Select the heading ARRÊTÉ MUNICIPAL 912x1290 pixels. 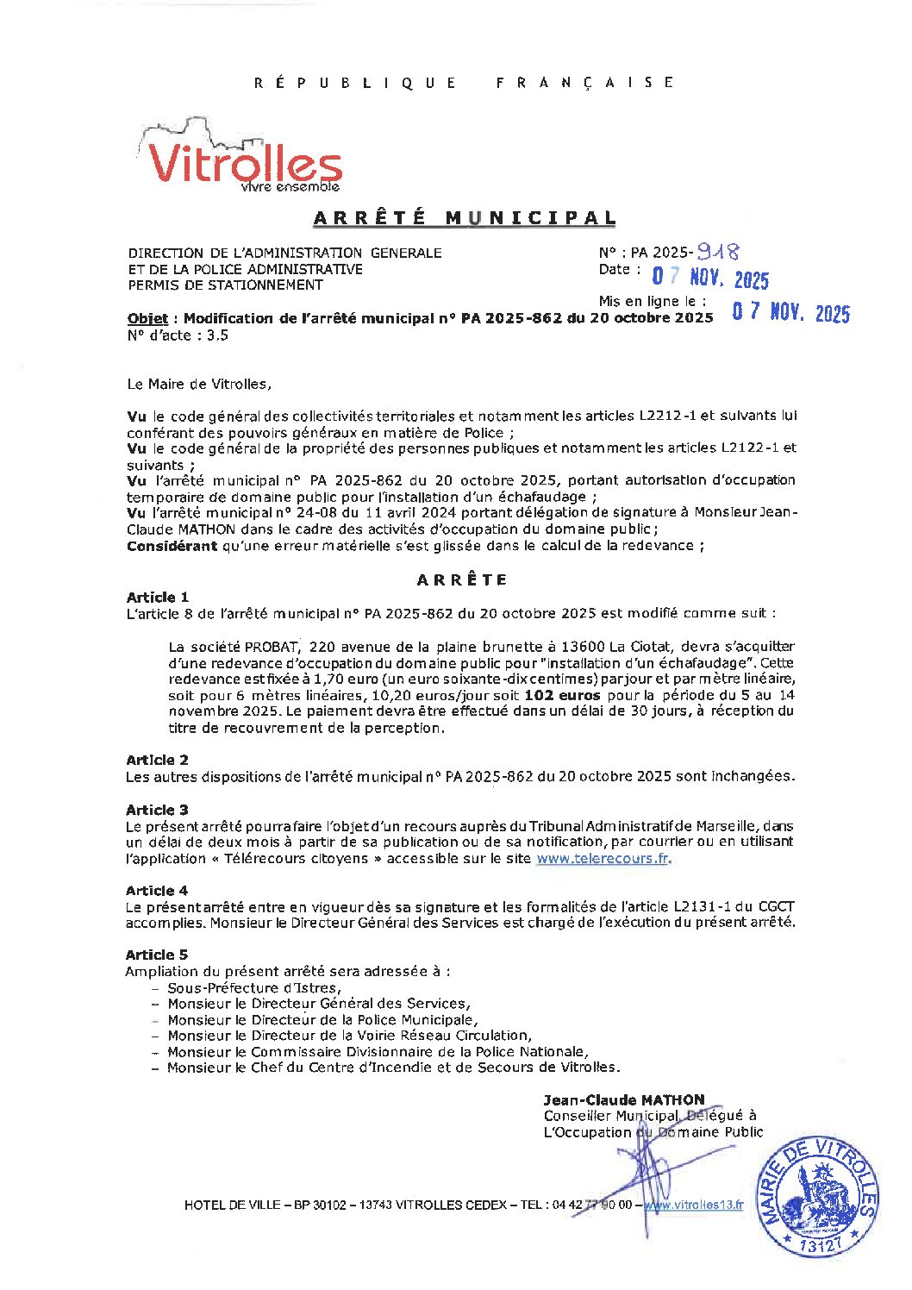pyautogui.click(x=465, y=218)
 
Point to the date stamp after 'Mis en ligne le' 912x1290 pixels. pyautogui.click(x=790, y=313)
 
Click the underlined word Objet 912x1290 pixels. pyautogui.click(x=147, y=318)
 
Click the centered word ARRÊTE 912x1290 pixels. pyautogui.click(x=462, y=579)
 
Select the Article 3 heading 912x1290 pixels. pyautogui.click(x=157, y=810)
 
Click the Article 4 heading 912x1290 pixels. pyautogui.click(x=157, y=890)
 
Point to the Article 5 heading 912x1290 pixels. pyautogui.click(x=157, y=955)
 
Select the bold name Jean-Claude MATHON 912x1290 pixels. pyautogui.click(x=623, y=1100)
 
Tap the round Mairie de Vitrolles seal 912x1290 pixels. pyautogui.click(x=816, y=1195)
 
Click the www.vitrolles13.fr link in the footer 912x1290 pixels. pyautogui.click(x=695, y=1205)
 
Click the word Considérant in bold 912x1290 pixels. pyautogui.click(x=172, y=546)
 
